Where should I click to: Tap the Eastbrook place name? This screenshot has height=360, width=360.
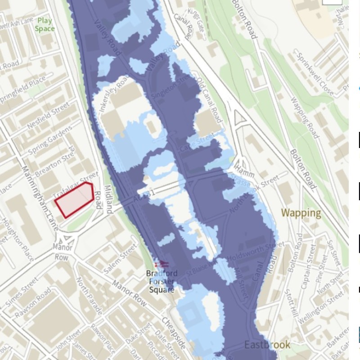pyautogui.click(x=267, y=345)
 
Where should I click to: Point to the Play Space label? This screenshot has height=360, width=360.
pyautogui.click(x=45, y=25)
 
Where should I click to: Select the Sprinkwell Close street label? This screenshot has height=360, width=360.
pyautogui.click(x=315, y=74)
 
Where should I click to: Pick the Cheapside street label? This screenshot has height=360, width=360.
pyautogui.click(x=173, y=333)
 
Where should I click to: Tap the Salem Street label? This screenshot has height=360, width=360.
pyautogui.click(x=120, y=258)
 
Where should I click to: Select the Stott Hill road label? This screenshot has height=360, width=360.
pyautogui.click(x=290, y=306)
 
